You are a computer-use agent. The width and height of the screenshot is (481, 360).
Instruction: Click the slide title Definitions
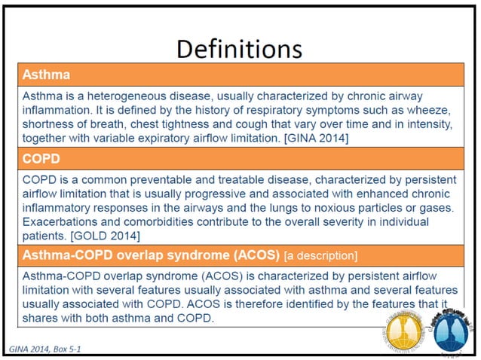[x=239, y=49]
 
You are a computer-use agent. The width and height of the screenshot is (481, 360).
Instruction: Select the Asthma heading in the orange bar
[x=44, y=76]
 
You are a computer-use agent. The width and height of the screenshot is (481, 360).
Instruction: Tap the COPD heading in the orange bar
[x=41, y=158]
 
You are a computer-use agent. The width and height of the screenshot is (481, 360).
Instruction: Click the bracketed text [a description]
[x=320, y=254]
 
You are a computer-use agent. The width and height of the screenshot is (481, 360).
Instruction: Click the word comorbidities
[x=167, y=222]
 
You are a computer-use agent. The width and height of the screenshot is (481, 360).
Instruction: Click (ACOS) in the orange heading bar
[x=256, y=254]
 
